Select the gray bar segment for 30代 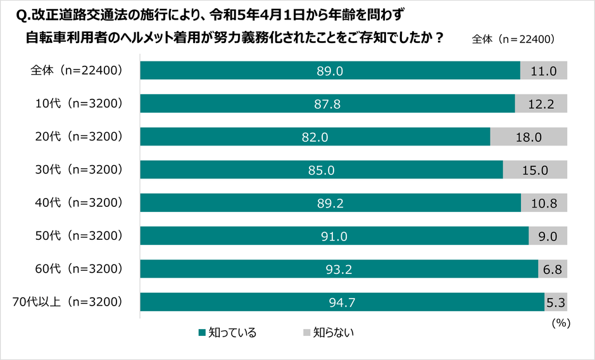click(x=535, y=170)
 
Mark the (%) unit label click(x=561, y=323)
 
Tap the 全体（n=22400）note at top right click(x=513, y=39)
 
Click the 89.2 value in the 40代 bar click(x=330, y=202)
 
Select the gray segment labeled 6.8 click(x=553, y=269)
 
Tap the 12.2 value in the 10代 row click(x=541, y=104)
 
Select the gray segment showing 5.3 click(x=556, y=302)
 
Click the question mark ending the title click(x=437, y=37)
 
